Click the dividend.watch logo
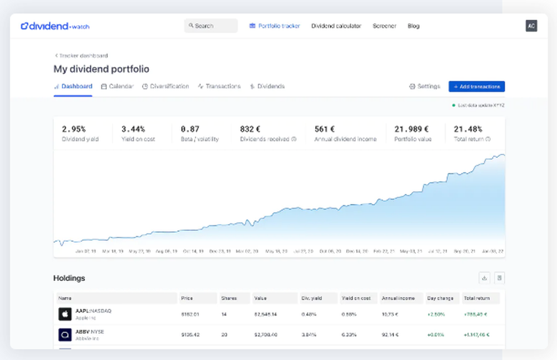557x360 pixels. pyautogui.click(x=55, y=26)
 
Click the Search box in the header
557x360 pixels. pyautogui.click(x=211, y=26)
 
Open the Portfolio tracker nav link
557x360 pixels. pyautogui.click(x=275, y=26)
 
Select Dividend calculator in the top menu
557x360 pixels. pyautogui.click(x=336, y=26)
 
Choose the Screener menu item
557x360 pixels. pyautogui.click(x=384, y=26)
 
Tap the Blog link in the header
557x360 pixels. pyautogui.click(x=413, y=26)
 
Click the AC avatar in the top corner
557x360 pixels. pyautogui.click(x=531, y=26)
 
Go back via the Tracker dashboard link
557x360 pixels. pyautogui.click(x=81, y=56)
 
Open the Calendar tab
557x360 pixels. pyautogui.click(x=118, y=86)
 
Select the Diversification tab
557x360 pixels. pyautogui.click(x=165, y=86)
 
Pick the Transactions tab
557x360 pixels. pyautogui.click(x=219, y=86)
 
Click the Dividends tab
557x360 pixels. pyautogui.click(x=267, y=86)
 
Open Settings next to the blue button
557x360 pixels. pyautogui.click(x=424, y=86)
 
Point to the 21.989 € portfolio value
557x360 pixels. pyautogui.click(x=411, y=129)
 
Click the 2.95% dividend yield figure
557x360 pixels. pyautogui.click(x=74, y=129)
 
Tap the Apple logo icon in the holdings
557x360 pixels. pyautogui.click(x=65, y=314)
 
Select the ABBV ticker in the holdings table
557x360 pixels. pyautogui.click(x=82, y=332)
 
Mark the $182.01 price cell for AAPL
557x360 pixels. pyautogui.click(x=190, y=314)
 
